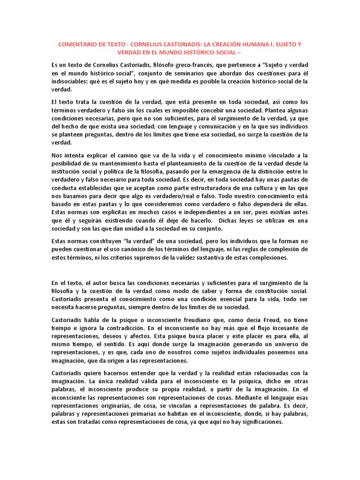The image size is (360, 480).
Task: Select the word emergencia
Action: [233, 172]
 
